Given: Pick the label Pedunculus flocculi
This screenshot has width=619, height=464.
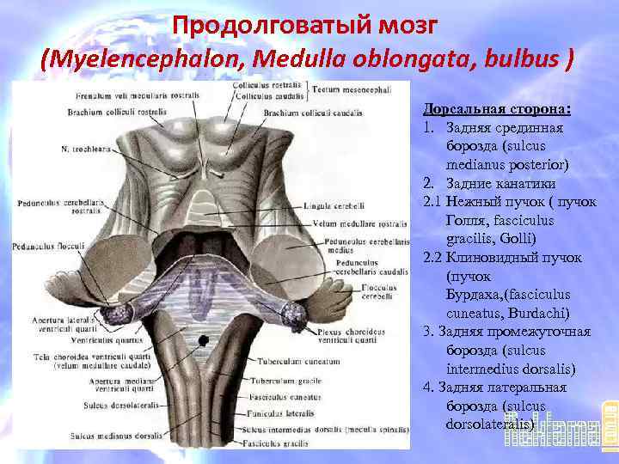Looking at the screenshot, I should tap(48, 247).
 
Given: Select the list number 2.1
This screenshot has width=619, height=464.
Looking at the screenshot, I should tap(432, 202).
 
